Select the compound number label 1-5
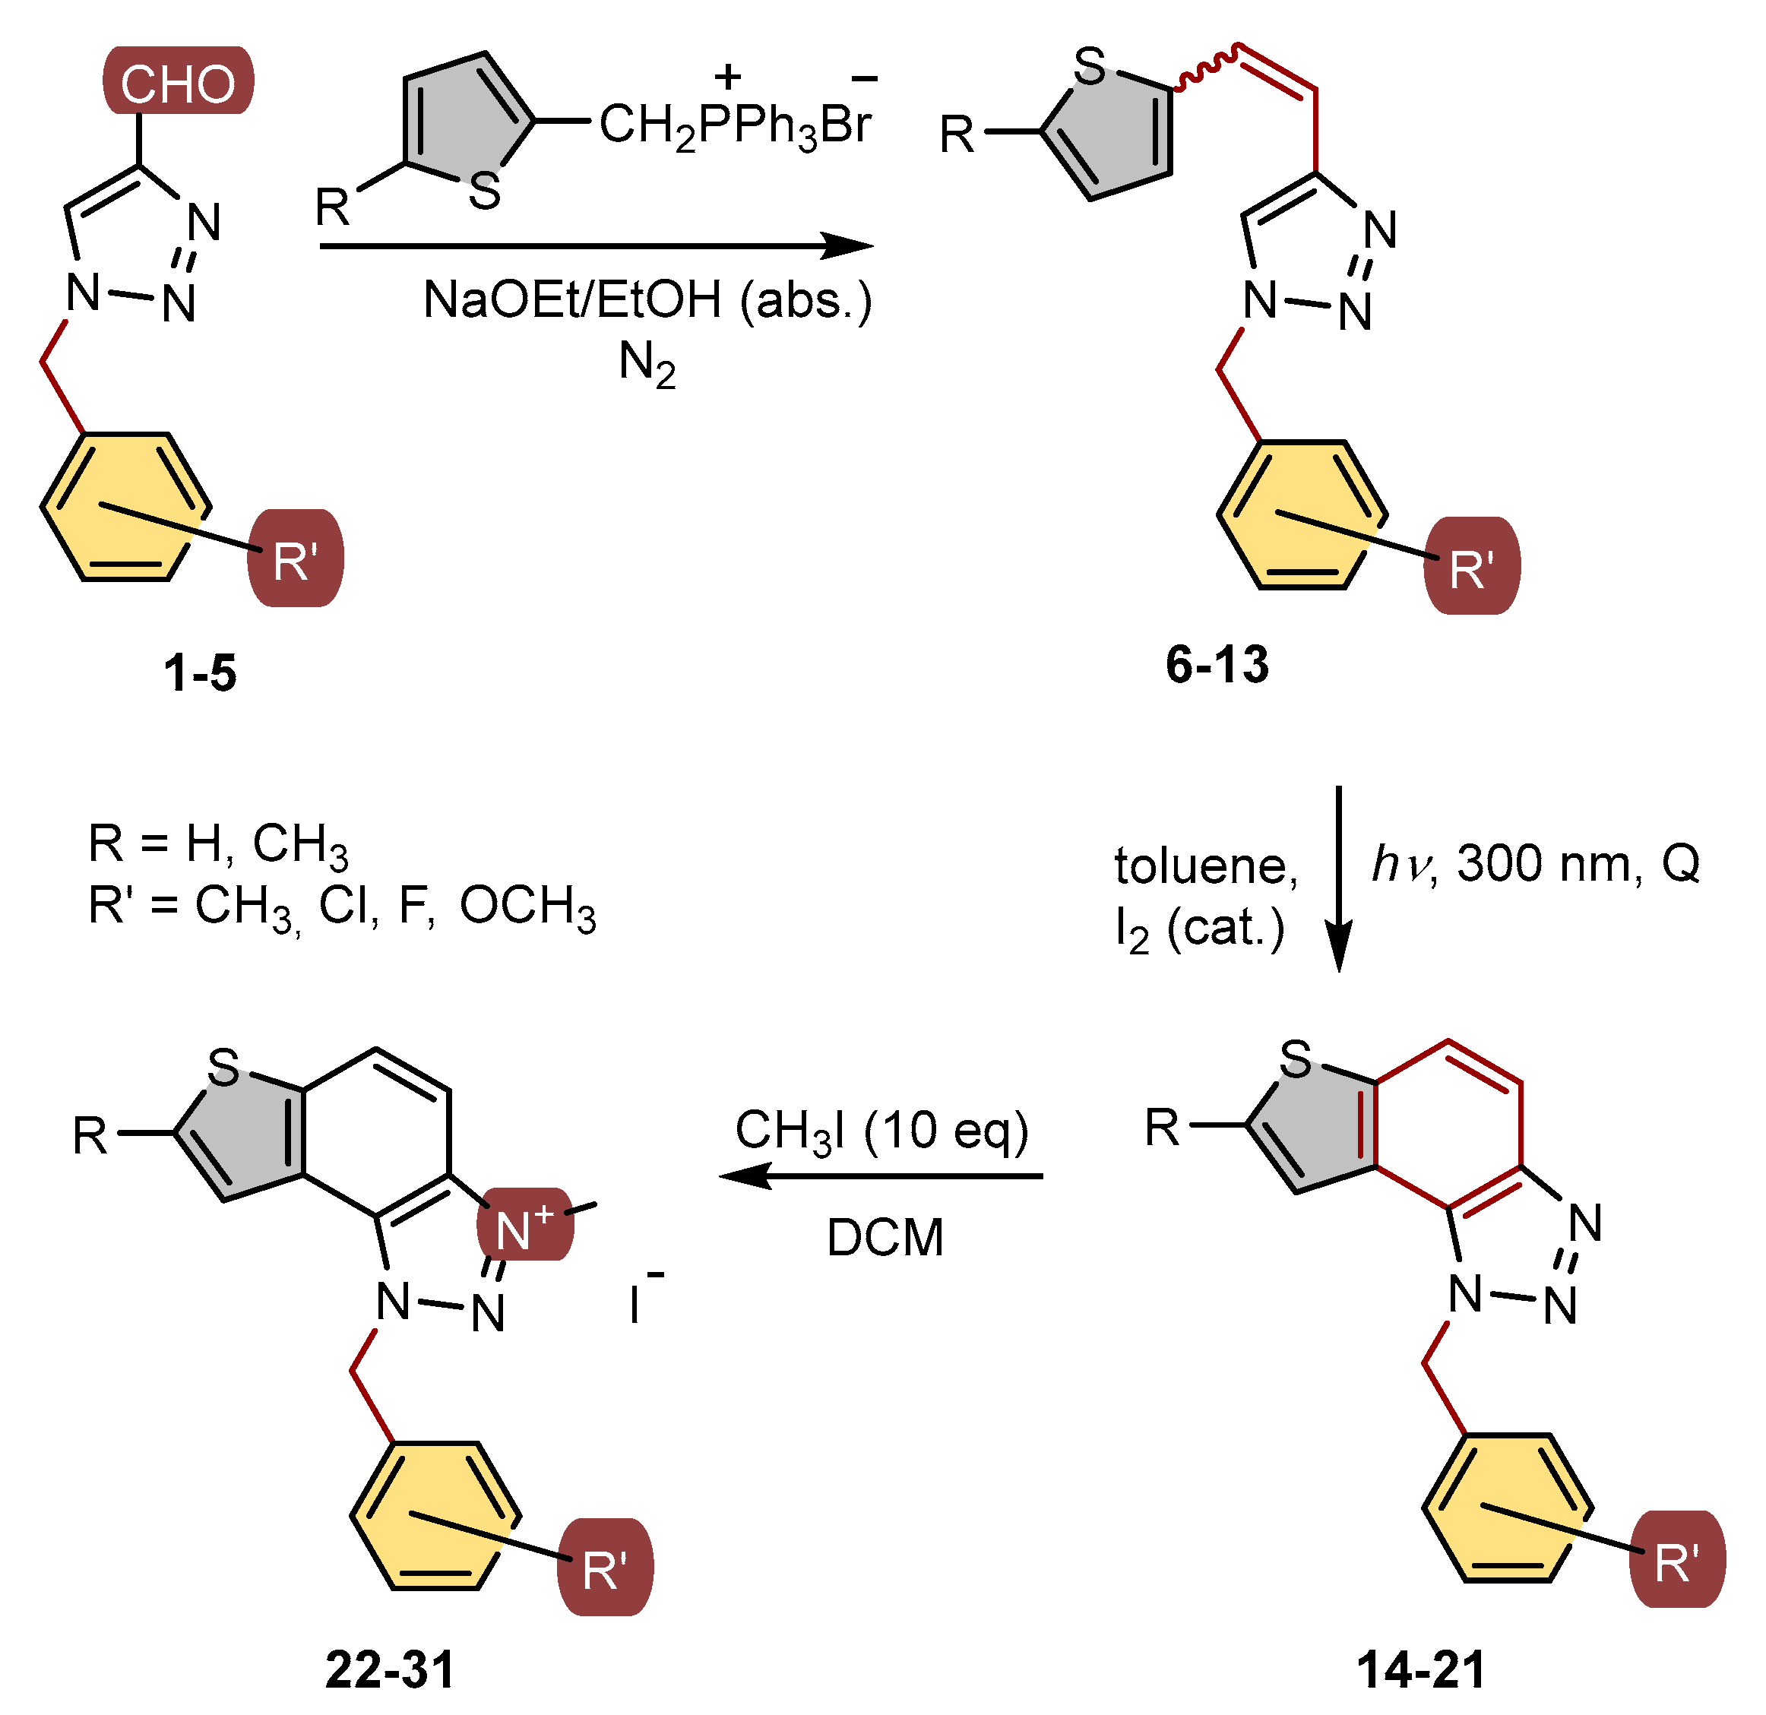200,673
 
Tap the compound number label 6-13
1217,664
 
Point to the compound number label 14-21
1422,1669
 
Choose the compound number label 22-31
390,1669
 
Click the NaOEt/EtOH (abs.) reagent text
647,300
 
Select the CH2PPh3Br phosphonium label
734,125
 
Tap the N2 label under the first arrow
647,365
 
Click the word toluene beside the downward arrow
1205,866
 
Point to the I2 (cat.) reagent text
1199,929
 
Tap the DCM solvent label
885,1237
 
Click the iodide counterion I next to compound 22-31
636,1303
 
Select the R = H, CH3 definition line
217,844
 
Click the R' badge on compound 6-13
1471,567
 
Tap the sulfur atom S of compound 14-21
1296,1059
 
